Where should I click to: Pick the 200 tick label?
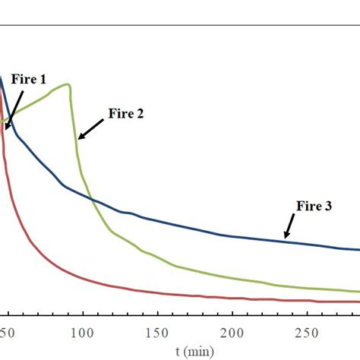[x=232, y=332]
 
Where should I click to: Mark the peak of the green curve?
[x=68, y=84]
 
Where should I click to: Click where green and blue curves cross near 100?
[x=90, y=199]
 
